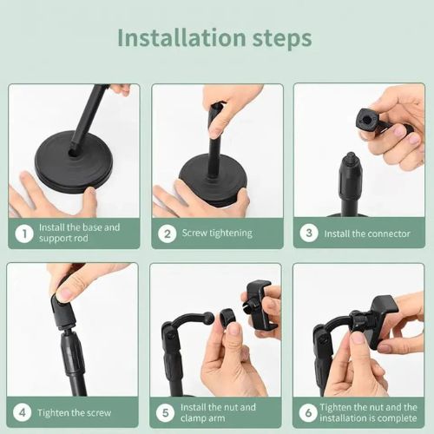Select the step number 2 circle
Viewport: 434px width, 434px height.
tap(167, 233)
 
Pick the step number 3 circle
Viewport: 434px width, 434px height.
tap(309, 233)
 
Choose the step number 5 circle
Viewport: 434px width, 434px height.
tap(167, 412)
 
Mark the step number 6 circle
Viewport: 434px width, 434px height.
tap(309, 412)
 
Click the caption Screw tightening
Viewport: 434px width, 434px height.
tap(217, 233)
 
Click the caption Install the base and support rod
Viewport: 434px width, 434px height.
tap(80, 233)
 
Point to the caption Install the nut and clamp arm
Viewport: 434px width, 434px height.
tap(218, 412)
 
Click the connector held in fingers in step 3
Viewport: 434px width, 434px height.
tap(368, 122)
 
